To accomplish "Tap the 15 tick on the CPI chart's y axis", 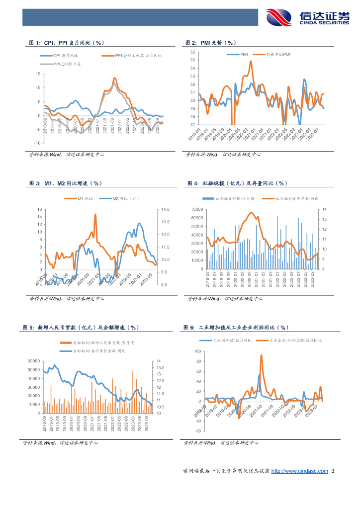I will (x=38, y=74).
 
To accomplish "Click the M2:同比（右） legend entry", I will (x=122, y=199).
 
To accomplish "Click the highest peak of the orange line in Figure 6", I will (x=261, y=355).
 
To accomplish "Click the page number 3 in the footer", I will (x=333, y=471).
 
